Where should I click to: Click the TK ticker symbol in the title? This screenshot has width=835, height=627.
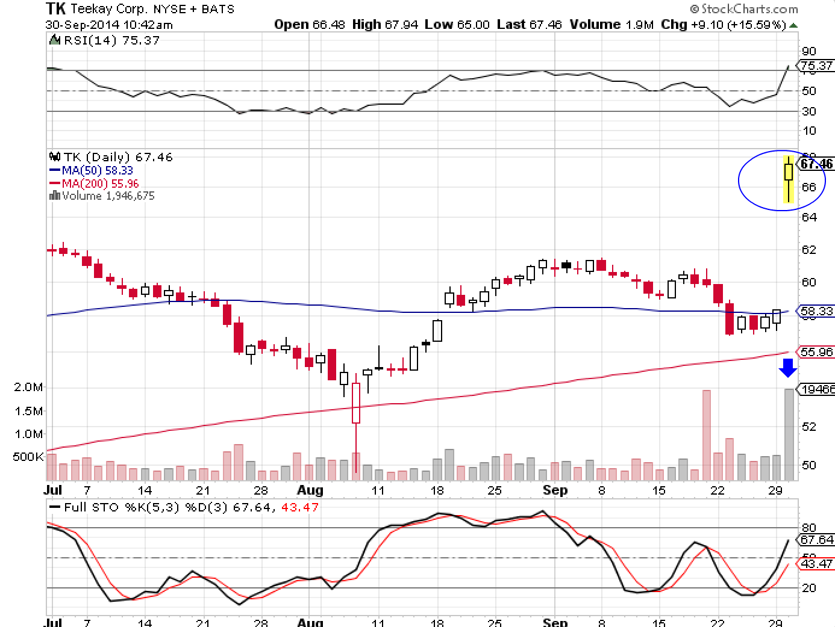(x=56, y=8)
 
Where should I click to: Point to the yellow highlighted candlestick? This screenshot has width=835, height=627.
(x=789, y=178)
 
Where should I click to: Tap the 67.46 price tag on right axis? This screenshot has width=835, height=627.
(x=817, y=164)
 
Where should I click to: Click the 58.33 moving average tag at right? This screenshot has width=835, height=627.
(x=817, y=311)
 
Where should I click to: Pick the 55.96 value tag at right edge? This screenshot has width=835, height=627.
(x=817, y=352)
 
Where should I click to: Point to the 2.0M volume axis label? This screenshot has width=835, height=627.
(x=28, y=387)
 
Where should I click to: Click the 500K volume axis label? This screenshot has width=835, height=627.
(x=28, y=457)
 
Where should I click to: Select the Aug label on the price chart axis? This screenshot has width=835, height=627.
(x=311, y=490)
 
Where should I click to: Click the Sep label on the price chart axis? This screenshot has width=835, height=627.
(x=554, y=490)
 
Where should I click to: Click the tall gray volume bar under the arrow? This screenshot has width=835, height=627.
(x=789, y=434)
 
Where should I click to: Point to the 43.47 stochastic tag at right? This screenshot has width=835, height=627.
(x=817, y=564)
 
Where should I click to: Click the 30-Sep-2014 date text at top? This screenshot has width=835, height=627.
(x=109, y=25)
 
